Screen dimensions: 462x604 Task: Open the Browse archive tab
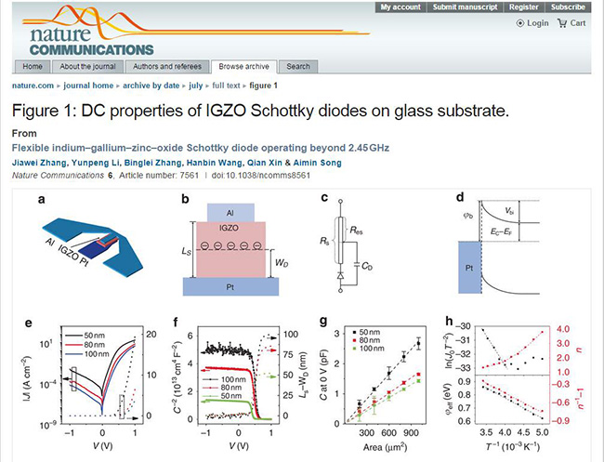[x=244, y=67]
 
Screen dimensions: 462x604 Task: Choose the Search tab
[x=298, y=67]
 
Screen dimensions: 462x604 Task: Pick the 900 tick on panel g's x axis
[x=416, y=433]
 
